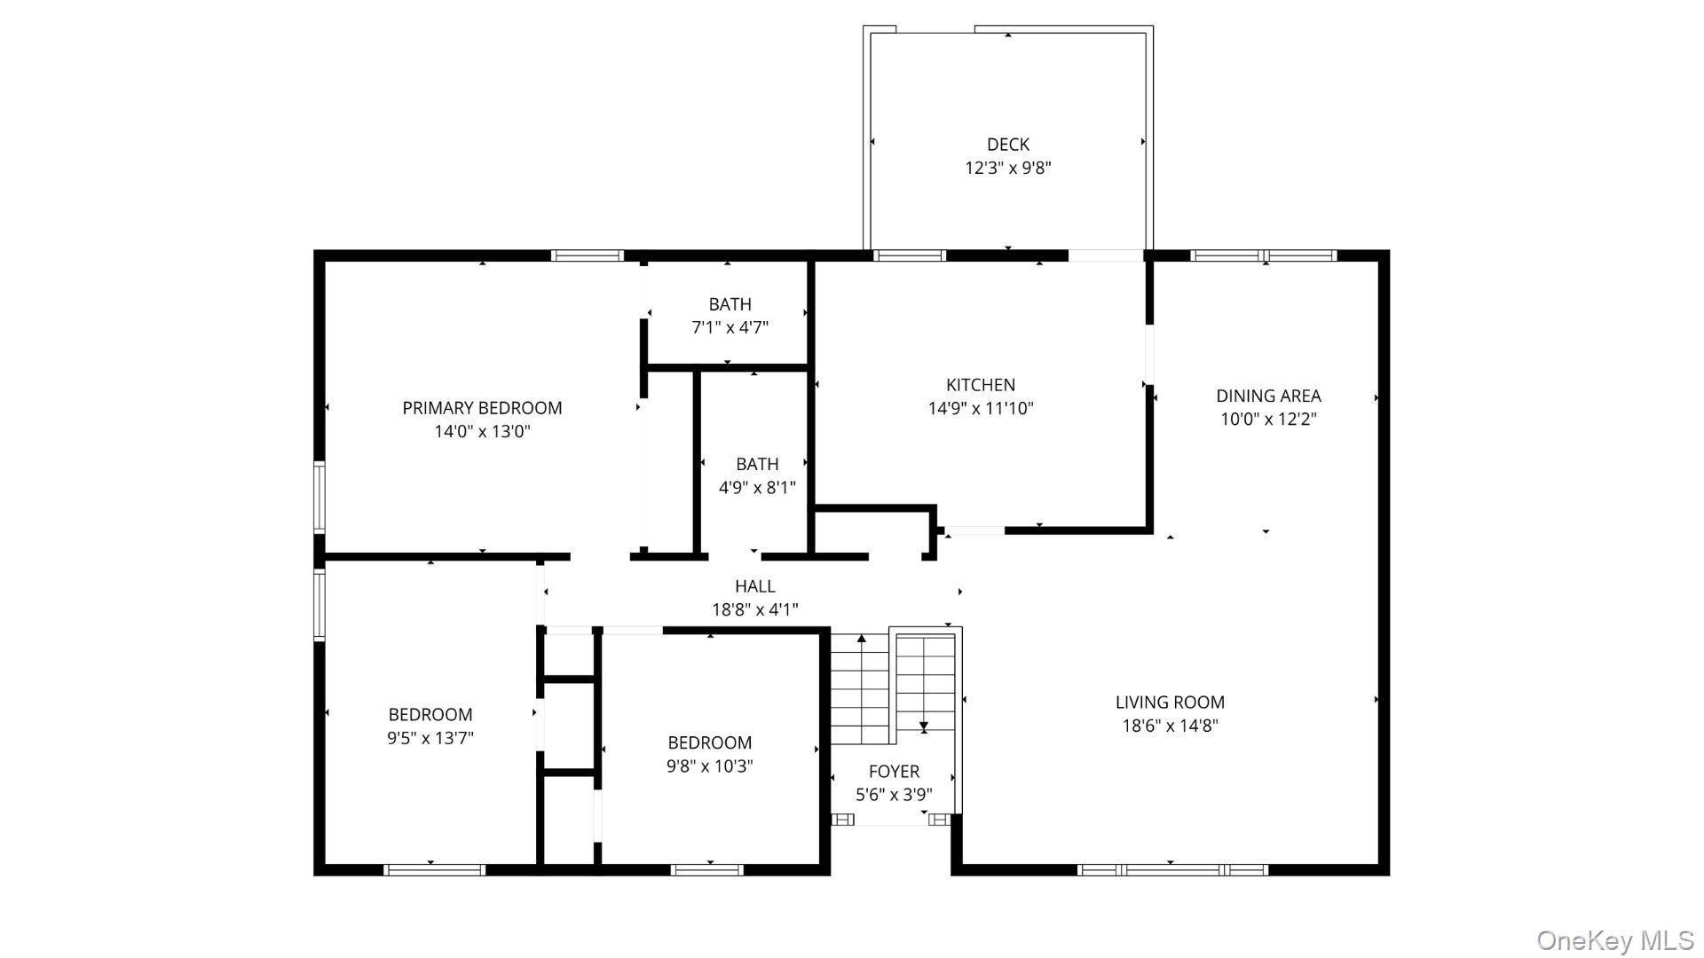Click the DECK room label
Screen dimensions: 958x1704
(1007, 145)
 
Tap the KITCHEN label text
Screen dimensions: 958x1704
(980, 385)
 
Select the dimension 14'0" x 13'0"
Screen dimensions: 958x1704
(482, 432)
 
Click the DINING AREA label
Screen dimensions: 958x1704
(1267, 396)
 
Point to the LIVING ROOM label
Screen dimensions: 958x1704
(1169, 702)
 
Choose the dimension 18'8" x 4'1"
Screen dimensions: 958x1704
(754, 609)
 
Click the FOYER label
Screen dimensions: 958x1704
(893, 772)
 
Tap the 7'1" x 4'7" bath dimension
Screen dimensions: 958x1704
(730, 327)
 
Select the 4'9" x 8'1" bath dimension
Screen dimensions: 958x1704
(756, 487)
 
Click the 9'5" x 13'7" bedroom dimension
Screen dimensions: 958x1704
(430, 738)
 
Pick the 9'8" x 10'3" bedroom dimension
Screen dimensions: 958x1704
(709, 766)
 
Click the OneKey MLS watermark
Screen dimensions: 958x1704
(1614, 940)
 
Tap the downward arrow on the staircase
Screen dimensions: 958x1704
(923, 726)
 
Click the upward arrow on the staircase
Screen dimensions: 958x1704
(860, 639)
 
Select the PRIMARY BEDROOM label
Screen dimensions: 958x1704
(482, 408)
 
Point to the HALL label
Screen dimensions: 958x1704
(754, 586)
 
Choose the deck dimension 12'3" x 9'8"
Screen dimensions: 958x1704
(1007, 168)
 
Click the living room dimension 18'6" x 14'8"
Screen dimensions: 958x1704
(1169, 726)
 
